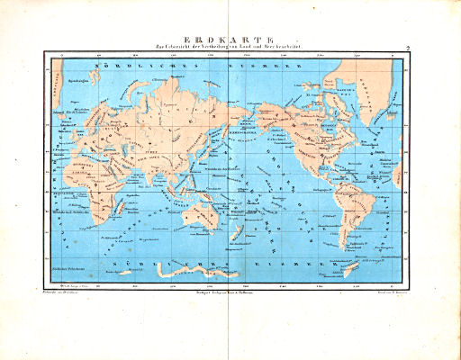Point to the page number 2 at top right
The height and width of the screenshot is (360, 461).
tap(408, 48)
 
